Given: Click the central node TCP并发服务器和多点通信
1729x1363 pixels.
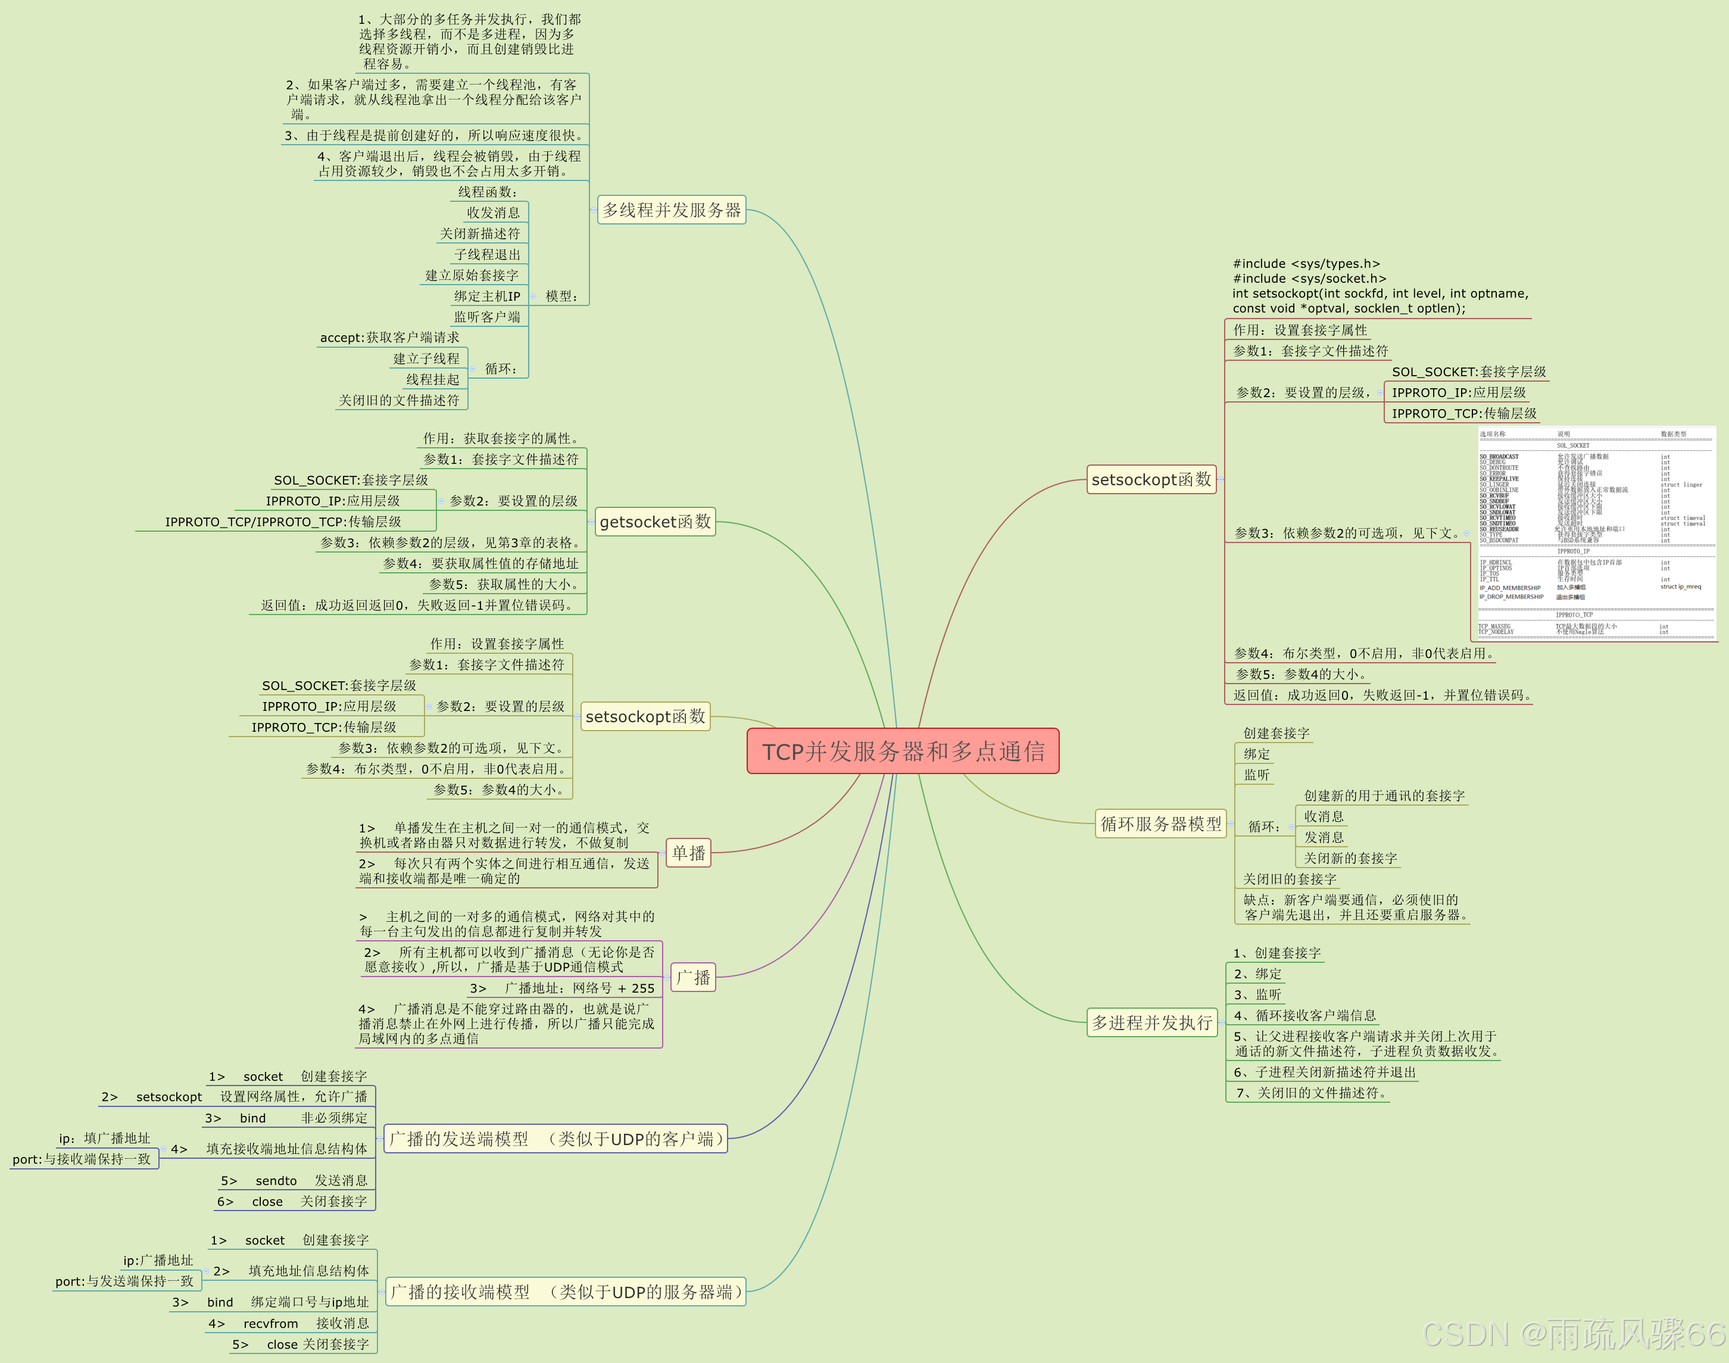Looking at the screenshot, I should (x=903, y=751).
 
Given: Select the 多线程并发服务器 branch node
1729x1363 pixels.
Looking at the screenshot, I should (x=671, y=210).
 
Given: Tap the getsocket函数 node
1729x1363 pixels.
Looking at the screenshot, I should (x=654, y=522).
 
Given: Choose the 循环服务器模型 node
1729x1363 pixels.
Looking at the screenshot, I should (x=1160, y=824).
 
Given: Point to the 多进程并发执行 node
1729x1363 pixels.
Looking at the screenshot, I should (x=1151, y=1022).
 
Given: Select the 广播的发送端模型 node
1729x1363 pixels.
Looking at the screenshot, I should (x=556, y=1139).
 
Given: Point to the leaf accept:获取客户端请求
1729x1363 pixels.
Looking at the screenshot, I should (x=389, y=338).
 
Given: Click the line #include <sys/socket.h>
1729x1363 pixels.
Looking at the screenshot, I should (x=1309, y=279).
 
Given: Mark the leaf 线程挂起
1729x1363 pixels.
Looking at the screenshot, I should (x=432, y=379).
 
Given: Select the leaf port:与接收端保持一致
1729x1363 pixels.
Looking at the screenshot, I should (x=82, y=1159).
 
